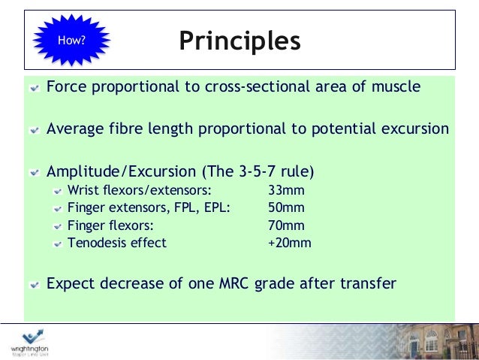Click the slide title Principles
click(x=239, y=41)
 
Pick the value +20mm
click(x=289, y=243)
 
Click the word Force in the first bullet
click(x=65, y=86)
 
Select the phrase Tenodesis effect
click(x=116, y=243)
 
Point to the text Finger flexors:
click(x=110, y=225)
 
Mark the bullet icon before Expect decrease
click(x=35, y=285)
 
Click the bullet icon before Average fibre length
click(x=35, y=129)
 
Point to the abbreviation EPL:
click(x=215, y=207)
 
